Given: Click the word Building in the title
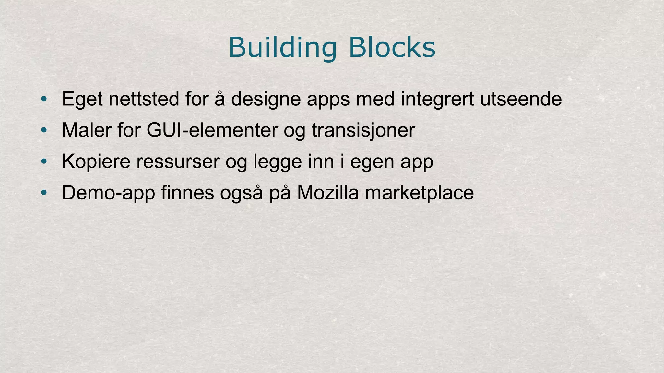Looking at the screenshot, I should pyautogui.click(x=282, y=48).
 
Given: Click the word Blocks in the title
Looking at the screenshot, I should pyautogui.click(x=392, y=48).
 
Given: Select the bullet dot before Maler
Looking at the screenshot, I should pyautogui.click(x=44, y=130).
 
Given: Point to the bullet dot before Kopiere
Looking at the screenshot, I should pyautogui.click(x=44, y=162).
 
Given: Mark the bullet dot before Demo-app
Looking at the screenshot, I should pyautogui.click(x=44, y=193).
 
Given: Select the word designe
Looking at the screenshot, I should pyautogui.click(x=266, y=100).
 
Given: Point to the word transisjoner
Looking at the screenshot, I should pyautogui.click(x=363, y=130).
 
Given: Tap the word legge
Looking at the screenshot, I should pyautogui.click(x=278, y=162).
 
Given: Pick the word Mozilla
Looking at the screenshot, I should pyautogui.click(x=328, y=193).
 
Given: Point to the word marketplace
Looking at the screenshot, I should pyautogui.click(x=419, y=193).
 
